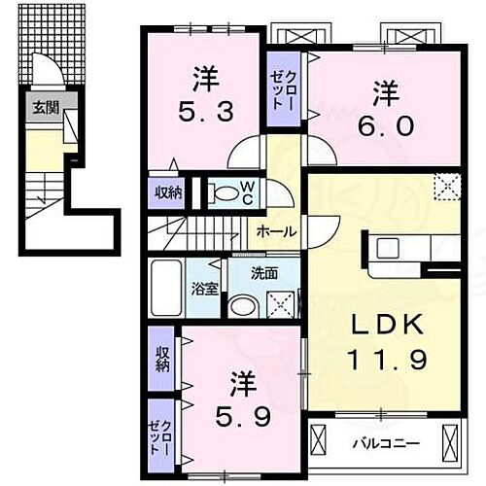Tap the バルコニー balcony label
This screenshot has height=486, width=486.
pos(386,443)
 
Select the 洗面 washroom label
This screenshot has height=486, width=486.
pos(264,273)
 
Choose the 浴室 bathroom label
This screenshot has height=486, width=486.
pos(205,288)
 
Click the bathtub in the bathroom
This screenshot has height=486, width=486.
pos(164,289)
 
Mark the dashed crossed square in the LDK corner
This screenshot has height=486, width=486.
pos(447,186)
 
